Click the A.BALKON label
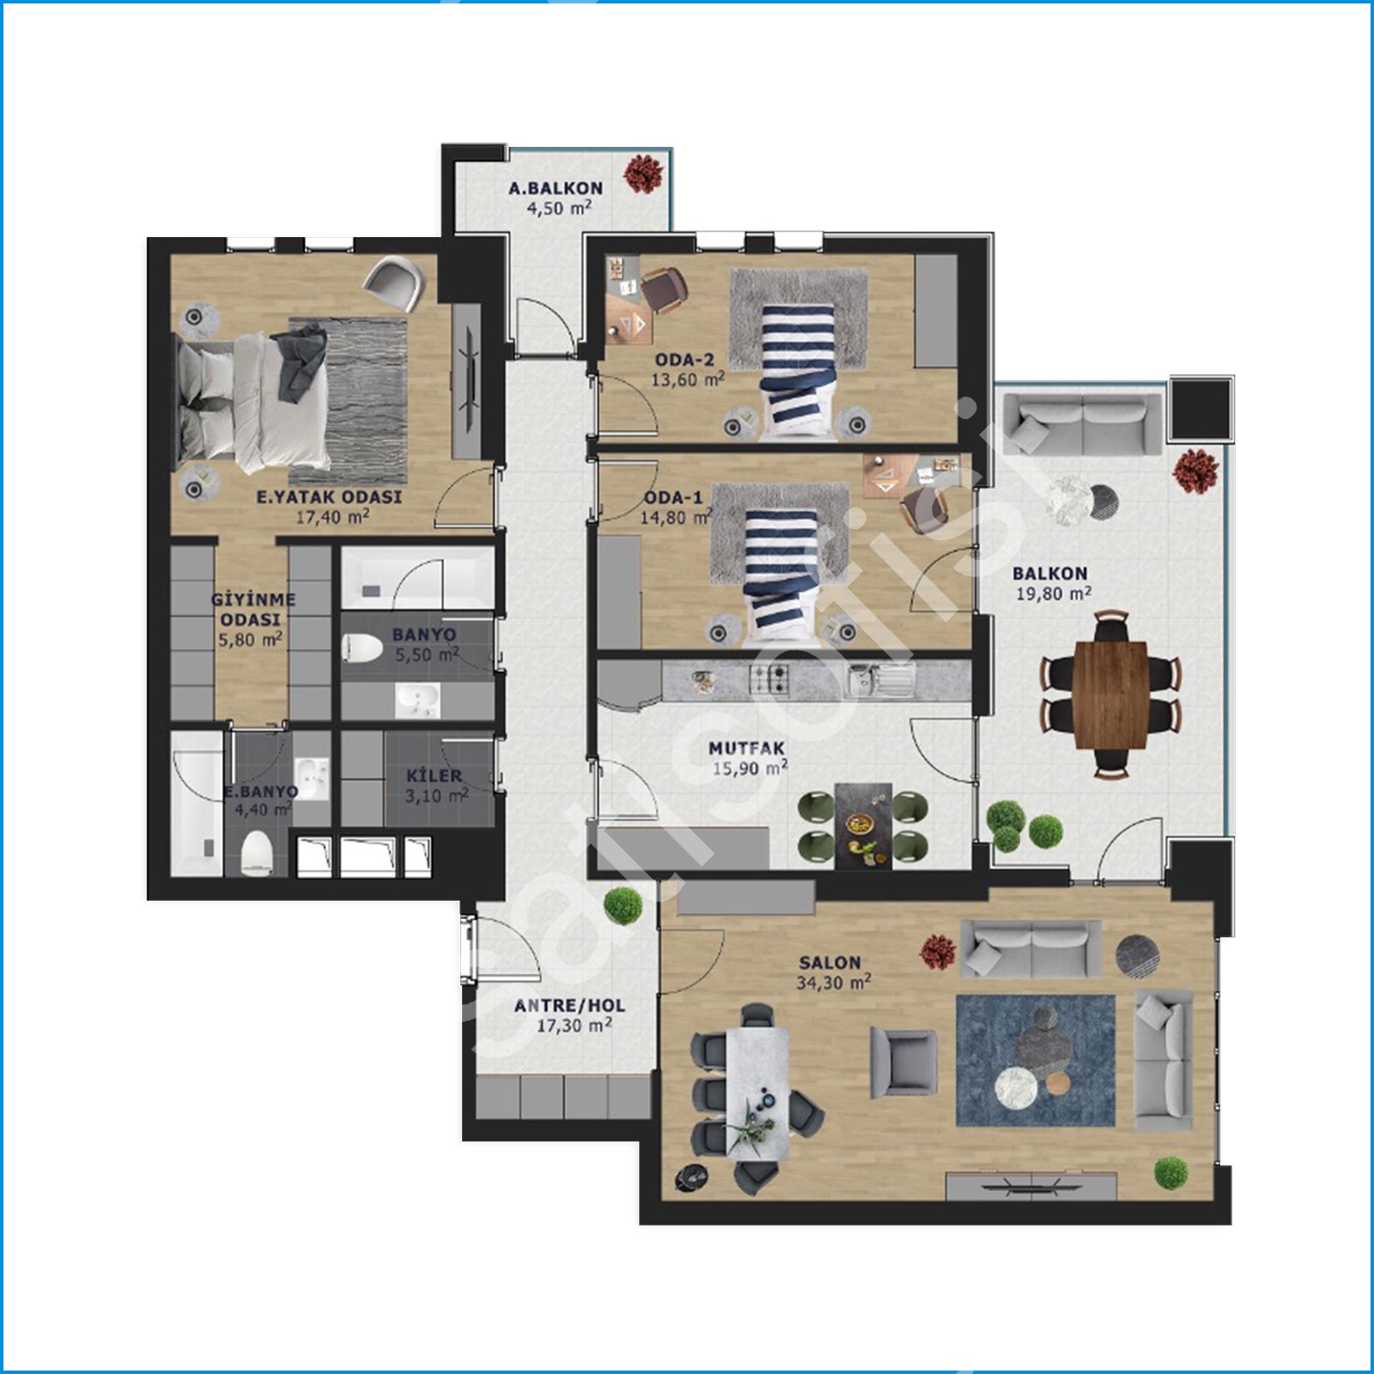[x=556, y=188]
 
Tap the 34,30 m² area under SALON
[x=833, y=982]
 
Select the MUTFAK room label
[x=746, y=749]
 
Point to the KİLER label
[x=435, y=776]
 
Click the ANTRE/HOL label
[x=569, y=1006]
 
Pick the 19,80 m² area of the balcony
[x=1054, y=593]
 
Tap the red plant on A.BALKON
[x=642, y=173]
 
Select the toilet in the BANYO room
[x=362, y=647]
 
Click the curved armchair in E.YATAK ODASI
[x=395, y=285]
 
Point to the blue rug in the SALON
[x=1036, y=1061]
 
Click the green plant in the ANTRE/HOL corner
[x=623, y=905]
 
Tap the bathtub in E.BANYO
[x=197, y=804]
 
